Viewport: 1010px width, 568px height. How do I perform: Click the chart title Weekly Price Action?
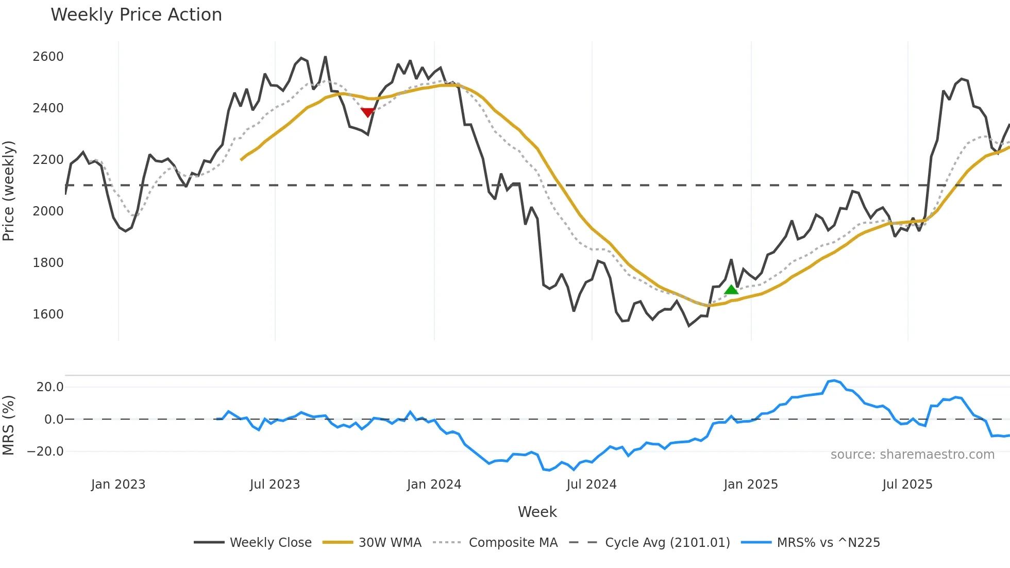pos(136,15)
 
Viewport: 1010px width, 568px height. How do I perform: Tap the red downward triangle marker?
pos(367,112)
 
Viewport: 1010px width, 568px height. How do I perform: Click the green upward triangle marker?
pos(731,290)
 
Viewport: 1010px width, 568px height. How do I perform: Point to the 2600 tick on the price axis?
pos(48,57)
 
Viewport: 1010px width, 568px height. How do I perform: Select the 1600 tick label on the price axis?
pos(48,314)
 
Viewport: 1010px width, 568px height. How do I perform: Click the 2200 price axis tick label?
pos(48,160)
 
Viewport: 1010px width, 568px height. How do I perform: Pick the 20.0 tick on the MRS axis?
pos(50,387)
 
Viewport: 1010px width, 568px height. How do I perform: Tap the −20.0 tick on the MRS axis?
pos(45,452)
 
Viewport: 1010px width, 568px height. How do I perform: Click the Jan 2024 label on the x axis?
pos(434,485)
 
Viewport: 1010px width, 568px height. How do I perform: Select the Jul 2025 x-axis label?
pos(907,485)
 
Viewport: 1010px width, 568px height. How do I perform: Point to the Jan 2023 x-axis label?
pos(118,485)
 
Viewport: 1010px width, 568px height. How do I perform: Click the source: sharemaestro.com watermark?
pos(912,455)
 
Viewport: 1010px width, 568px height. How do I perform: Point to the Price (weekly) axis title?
pos(9,191)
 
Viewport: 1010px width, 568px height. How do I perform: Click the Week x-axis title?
pos(537,512)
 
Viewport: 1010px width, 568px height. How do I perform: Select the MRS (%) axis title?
pos(9,425)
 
